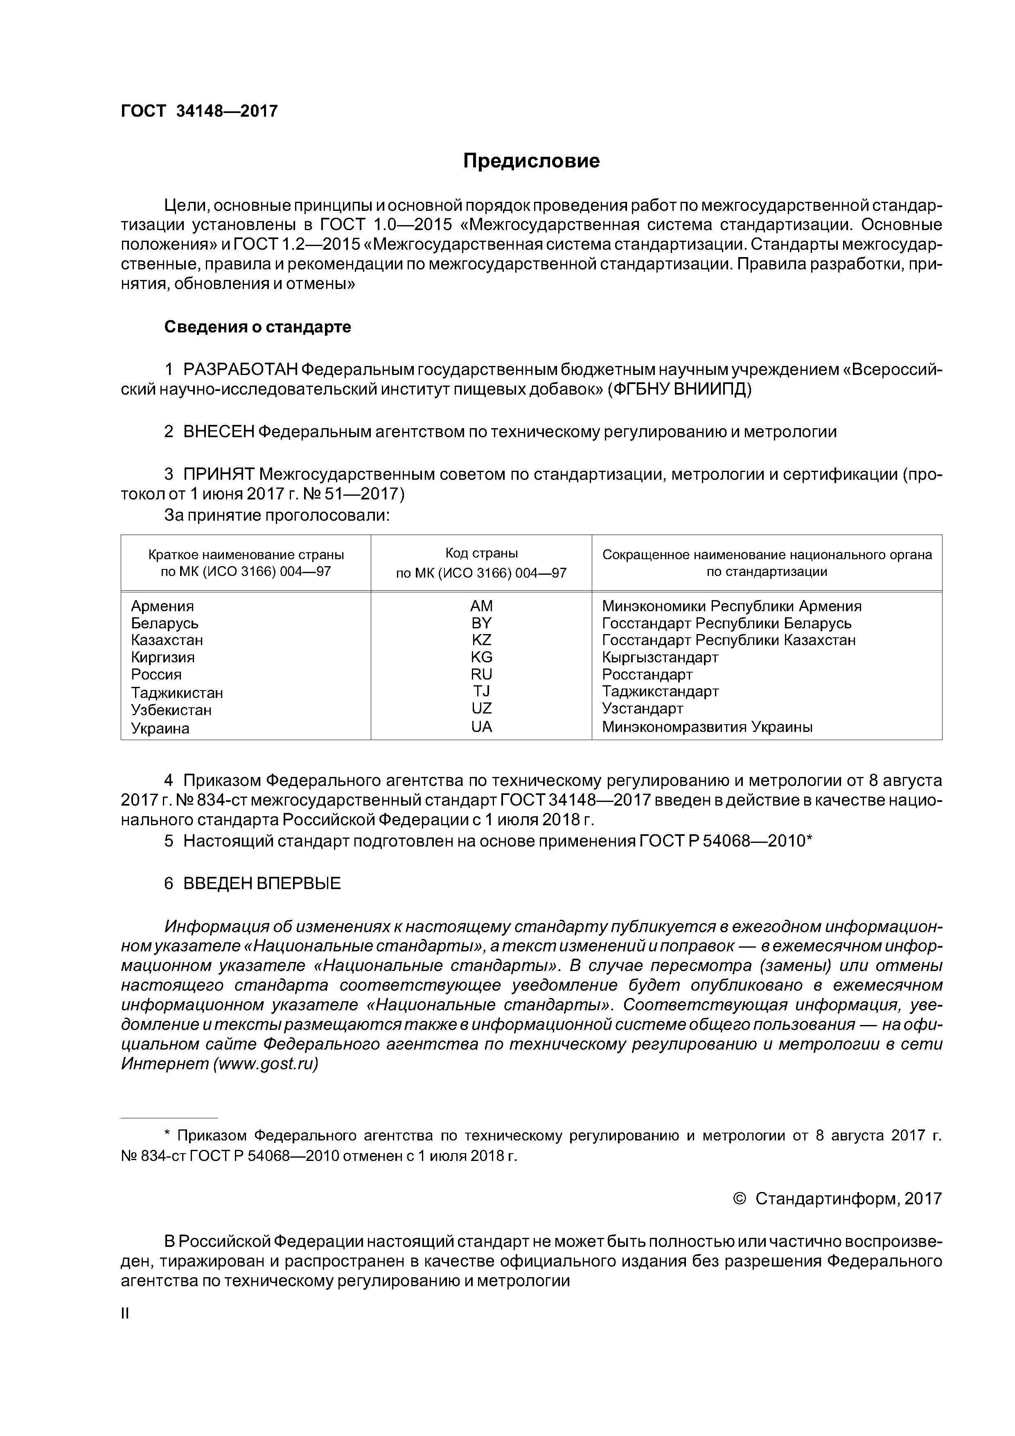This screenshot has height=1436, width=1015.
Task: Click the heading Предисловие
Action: (x=531, y=161)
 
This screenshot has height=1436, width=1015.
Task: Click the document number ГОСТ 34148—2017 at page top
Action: (x=199, y=111)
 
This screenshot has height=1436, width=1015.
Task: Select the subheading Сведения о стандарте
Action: (x=258, y=327)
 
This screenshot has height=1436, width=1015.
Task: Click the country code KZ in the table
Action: (x=482, y=640)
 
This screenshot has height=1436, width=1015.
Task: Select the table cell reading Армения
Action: (x=162, y=606)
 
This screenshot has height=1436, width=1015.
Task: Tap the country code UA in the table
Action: (x=482, y=727)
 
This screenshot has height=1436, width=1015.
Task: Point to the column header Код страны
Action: (x=482, y=553)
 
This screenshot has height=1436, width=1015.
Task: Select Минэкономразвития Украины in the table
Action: (x=707, y=727)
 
